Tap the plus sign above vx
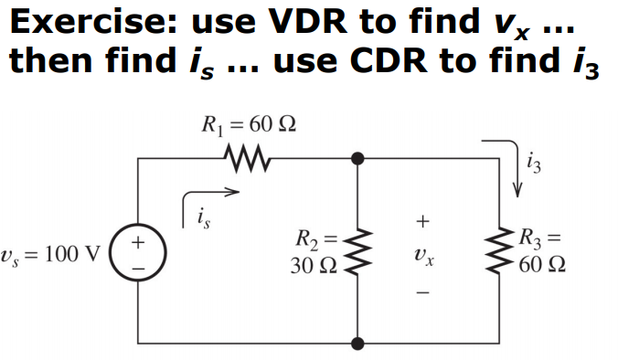coord(421,221)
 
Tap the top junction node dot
coord(357,159)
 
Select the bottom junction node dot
coord(357,344)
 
